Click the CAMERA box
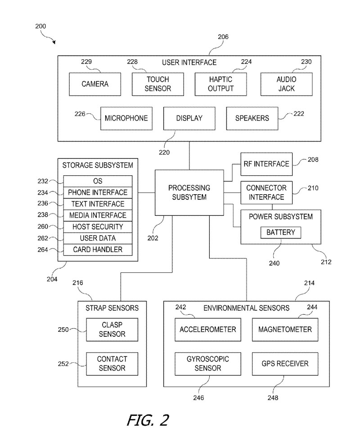(x=95, y=84)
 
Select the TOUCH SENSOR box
(x=158, y=84)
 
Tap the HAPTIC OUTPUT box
(x=221, y=84)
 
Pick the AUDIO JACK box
(x=286, y=84)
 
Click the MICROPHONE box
(x=126, y=118)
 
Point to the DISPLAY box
(x=189, y=118)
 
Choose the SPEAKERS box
(x=252, y=118)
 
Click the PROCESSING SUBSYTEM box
(x=189, y=192)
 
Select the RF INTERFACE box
(x=266, y=164)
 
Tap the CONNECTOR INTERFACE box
(x=266, y=192)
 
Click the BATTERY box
(x=281, y=232)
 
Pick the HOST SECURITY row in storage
(x=98, y=227)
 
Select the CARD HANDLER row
(x=98, y=249)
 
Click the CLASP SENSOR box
(x=112, y=330)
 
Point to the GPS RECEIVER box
(x=284, y=363)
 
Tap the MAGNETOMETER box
(x=284, y=330)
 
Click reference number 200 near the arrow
(x=40, y=27)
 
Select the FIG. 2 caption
(x=148, y=419)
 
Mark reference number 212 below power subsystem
(x=326, y=262)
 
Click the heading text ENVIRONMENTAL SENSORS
(x=246, y=308)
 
